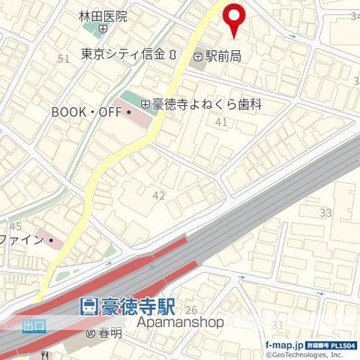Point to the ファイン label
(x=24, y=241)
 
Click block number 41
(x=221, y=121)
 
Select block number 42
(x=158, y=195)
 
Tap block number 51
(x=63, y=58)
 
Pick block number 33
(x=325, y=213)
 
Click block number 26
(x=191, y=310)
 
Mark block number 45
(x=15, y=226)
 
